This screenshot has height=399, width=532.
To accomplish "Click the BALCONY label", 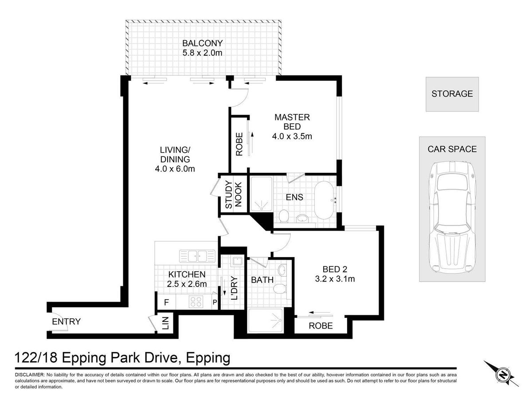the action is (202, 43).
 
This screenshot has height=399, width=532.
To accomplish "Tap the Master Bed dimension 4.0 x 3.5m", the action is (292, 136).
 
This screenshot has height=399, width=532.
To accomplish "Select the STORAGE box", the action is (452, 94).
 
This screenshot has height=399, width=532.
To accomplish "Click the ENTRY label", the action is (66, 321).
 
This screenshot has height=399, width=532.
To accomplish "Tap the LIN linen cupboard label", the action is (165, 323).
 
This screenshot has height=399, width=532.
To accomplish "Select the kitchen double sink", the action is (197, 256).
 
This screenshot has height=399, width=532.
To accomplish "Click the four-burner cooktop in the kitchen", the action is (196, 302).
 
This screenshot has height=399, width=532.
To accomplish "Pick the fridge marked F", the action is (167, 302).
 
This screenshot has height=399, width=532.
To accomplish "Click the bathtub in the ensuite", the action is (325, 200).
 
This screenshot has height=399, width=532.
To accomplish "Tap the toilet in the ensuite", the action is (284, 215).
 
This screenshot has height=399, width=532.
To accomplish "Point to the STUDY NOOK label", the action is (233, 195).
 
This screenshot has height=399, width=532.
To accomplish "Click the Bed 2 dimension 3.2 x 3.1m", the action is (335, 279).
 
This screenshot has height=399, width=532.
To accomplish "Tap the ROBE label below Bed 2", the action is (321, 326).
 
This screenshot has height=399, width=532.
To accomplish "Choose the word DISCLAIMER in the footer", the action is (29, 375).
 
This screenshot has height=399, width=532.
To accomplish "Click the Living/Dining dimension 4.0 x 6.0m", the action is (175, 168).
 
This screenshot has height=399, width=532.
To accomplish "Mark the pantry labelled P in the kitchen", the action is (215, 302).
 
